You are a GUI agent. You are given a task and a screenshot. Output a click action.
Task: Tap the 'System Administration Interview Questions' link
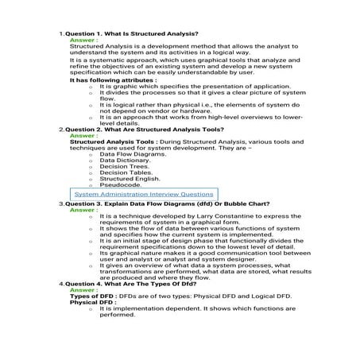(143, 194)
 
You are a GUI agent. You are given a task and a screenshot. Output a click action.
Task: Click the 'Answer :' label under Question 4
(84, 290)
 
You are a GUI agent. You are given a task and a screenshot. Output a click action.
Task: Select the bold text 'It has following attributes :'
(114, 80)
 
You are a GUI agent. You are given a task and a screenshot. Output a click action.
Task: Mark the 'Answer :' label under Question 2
(84, 134)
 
